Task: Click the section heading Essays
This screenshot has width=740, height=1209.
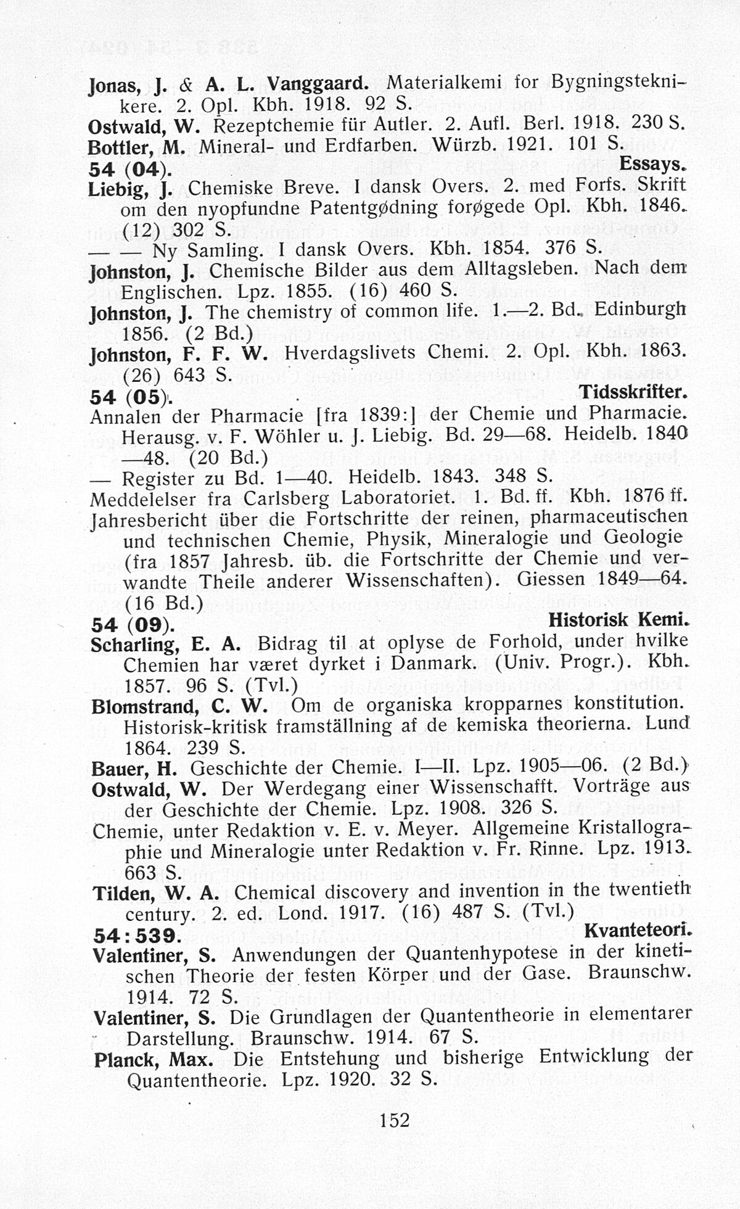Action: coord(653,165)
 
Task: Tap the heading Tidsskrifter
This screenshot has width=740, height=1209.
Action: coord(633,392)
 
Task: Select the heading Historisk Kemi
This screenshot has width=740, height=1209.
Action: coord(618,620)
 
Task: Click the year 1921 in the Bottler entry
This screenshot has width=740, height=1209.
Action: coord(527,145)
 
